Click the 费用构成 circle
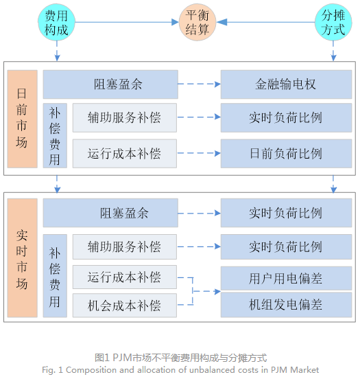(x=56, y=23)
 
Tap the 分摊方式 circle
(x=333, y=23)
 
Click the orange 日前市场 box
(x=22, y=118)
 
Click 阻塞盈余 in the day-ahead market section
(x=110, y=84)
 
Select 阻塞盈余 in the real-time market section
(x=110, y=213)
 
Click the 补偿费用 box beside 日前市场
(x=55, y=136)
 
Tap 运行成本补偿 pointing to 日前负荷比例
(x=124, y=153)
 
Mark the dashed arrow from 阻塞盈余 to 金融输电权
(x=199, y=84)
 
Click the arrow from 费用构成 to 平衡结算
(x=127, y=23)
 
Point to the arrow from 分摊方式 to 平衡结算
(x=267, y=23)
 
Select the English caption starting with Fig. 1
(x=180, y=369)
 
